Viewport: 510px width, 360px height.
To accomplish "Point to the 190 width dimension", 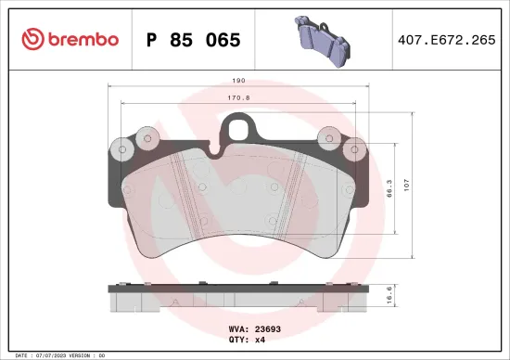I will [239, 81].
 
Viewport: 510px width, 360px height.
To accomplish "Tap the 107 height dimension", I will [418, 183].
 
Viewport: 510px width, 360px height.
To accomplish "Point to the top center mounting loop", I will [239, 126].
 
